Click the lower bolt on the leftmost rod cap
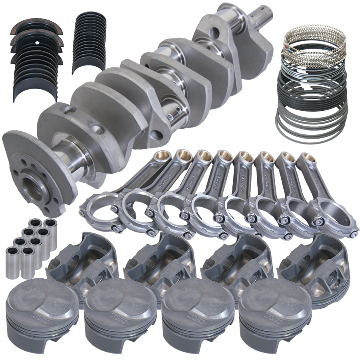116,229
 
